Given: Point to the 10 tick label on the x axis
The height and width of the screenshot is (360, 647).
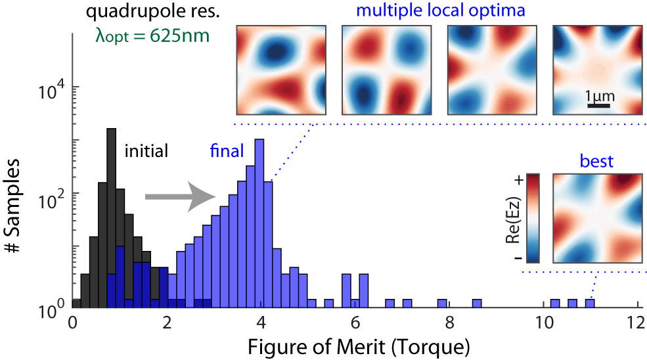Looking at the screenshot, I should [542, 324].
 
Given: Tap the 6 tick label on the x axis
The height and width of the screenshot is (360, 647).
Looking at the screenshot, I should [354, 324].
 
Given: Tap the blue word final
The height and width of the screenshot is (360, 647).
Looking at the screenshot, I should [227, 151].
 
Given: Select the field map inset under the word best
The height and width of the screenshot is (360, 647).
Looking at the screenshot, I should [597, 218].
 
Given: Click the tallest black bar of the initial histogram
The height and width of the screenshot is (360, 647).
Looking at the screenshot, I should [111, 217].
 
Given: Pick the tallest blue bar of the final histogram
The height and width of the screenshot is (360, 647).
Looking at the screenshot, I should [259, 223].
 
